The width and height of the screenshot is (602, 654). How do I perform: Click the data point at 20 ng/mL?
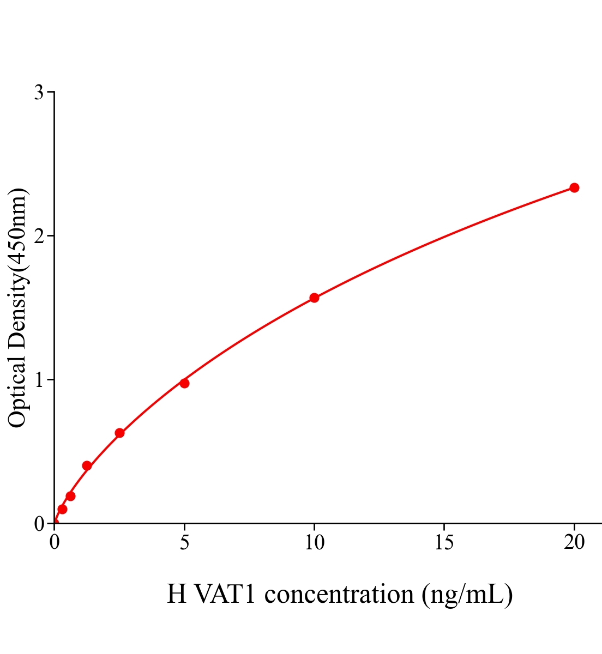point(574,187)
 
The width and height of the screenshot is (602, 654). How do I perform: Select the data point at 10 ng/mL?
point(314,298)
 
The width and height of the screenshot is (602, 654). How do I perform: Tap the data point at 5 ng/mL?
point(184,383)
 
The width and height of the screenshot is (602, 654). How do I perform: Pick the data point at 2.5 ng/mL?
point(119,433)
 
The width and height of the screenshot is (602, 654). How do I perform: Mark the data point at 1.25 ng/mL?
point(87,465)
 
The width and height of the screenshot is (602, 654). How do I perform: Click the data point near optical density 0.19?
point(70,496)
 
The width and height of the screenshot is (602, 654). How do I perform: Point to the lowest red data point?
point(62,509)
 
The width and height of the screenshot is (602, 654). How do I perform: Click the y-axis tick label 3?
point(39,93)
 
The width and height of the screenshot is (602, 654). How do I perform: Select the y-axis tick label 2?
point(39,236)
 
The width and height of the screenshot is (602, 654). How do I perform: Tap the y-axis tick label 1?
point(39,380)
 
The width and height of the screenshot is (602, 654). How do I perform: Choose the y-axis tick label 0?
point(39,524)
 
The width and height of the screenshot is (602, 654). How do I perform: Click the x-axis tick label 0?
point(55,542)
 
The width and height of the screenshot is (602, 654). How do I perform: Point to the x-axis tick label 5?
point(184,542)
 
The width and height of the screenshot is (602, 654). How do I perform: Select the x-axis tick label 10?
point(314,542)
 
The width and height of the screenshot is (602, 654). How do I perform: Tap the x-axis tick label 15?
point(444,542)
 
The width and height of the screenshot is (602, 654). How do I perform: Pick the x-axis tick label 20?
point(574,542)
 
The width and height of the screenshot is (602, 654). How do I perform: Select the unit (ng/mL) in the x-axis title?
point(467,594)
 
